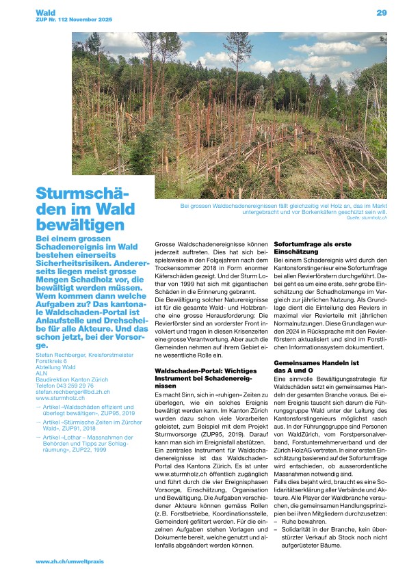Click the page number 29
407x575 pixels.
[x=381, y=13]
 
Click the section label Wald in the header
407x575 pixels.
[x=46, y=13]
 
